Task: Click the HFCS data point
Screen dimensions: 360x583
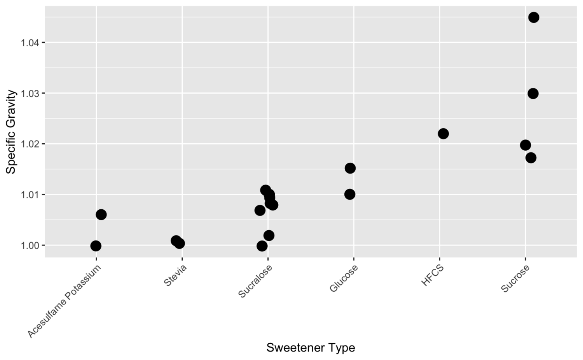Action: pyautogui.click(x=443, y=134)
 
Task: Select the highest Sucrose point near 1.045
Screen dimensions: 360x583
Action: pyautogui.click(x=534, y=17)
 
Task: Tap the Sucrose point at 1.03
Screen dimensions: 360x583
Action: pyautogui.click(x=533, y=94)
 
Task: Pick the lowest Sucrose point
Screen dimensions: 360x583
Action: pyautogui.click(x=531, y=158)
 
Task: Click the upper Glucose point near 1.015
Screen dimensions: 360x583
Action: pyautogui.click(x=350, y=168)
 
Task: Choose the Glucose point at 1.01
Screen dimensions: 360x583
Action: pyautogui.click(x=349, y=194)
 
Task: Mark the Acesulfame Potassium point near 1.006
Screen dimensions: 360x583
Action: pyautogui.click(x=101, y=214)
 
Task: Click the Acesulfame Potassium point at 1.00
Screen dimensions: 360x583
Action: pyautogui.click(x=96, y=246)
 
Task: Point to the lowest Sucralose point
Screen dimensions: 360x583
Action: pyautogui.click(x=262, y=246)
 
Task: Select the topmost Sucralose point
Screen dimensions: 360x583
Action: pyautogui.click(x=265, y=190)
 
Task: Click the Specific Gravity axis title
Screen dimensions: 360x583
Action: pyautogui.click(x=12, y=132)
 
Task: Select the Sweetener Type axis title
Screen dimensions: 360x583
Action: pyautogui.click(x=311, y=348)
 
